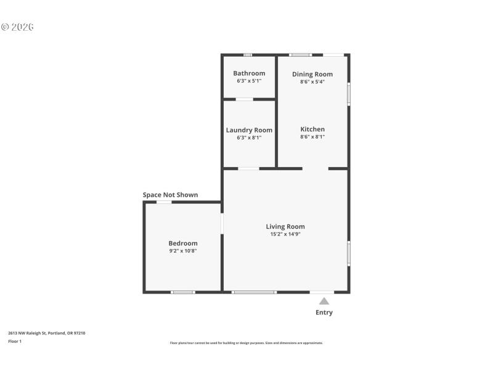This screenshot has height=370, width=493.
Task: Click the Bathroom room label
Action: pos(249,73)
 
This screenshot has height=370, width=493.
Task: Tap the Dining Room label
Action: pos(312,74)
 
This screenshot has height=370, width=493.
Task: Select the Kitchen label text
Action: pos(312,129)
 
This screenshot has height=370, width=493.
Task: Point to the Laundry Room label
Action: pos(249,130)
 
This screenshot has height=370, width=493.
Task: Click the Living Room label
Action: pos(285,226)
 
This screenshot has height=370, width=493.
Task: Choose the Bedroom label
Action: pos(183,243)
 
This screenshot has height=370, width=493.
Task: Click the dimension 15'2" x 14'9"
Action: pos(285,234)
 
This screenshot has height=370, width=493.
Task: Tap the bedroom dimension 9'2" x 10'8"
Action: pos(183,251)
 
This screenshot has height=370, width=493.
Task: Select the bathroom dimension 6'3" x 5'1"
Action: pos(249,81)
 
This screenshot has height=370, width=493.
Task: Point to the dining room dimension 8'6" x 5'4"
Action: pos(312,82)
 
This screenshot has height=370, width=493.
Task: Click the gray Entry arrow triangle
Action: pos(324,301)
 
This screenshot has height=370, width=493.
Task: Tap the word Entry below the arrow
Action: pos(324,313)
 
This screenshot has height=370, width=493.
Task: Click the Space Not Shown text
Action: pos(171,195)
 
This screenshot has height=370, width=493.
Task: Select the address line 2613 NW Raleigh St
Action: pos(47,333)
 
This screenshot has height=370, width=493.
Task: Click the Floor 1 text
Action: pos(15,341)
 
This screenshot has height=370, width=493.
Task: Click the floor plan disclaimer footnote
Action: pos(246,343)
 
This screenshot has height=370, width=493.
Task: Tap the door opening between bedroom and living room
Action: pos(222,223)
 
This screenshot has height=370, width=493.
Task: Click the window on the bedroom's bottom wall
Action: pos(183,292)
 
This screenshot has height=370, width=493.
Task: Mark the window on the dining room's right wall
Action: pos(349,94)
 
